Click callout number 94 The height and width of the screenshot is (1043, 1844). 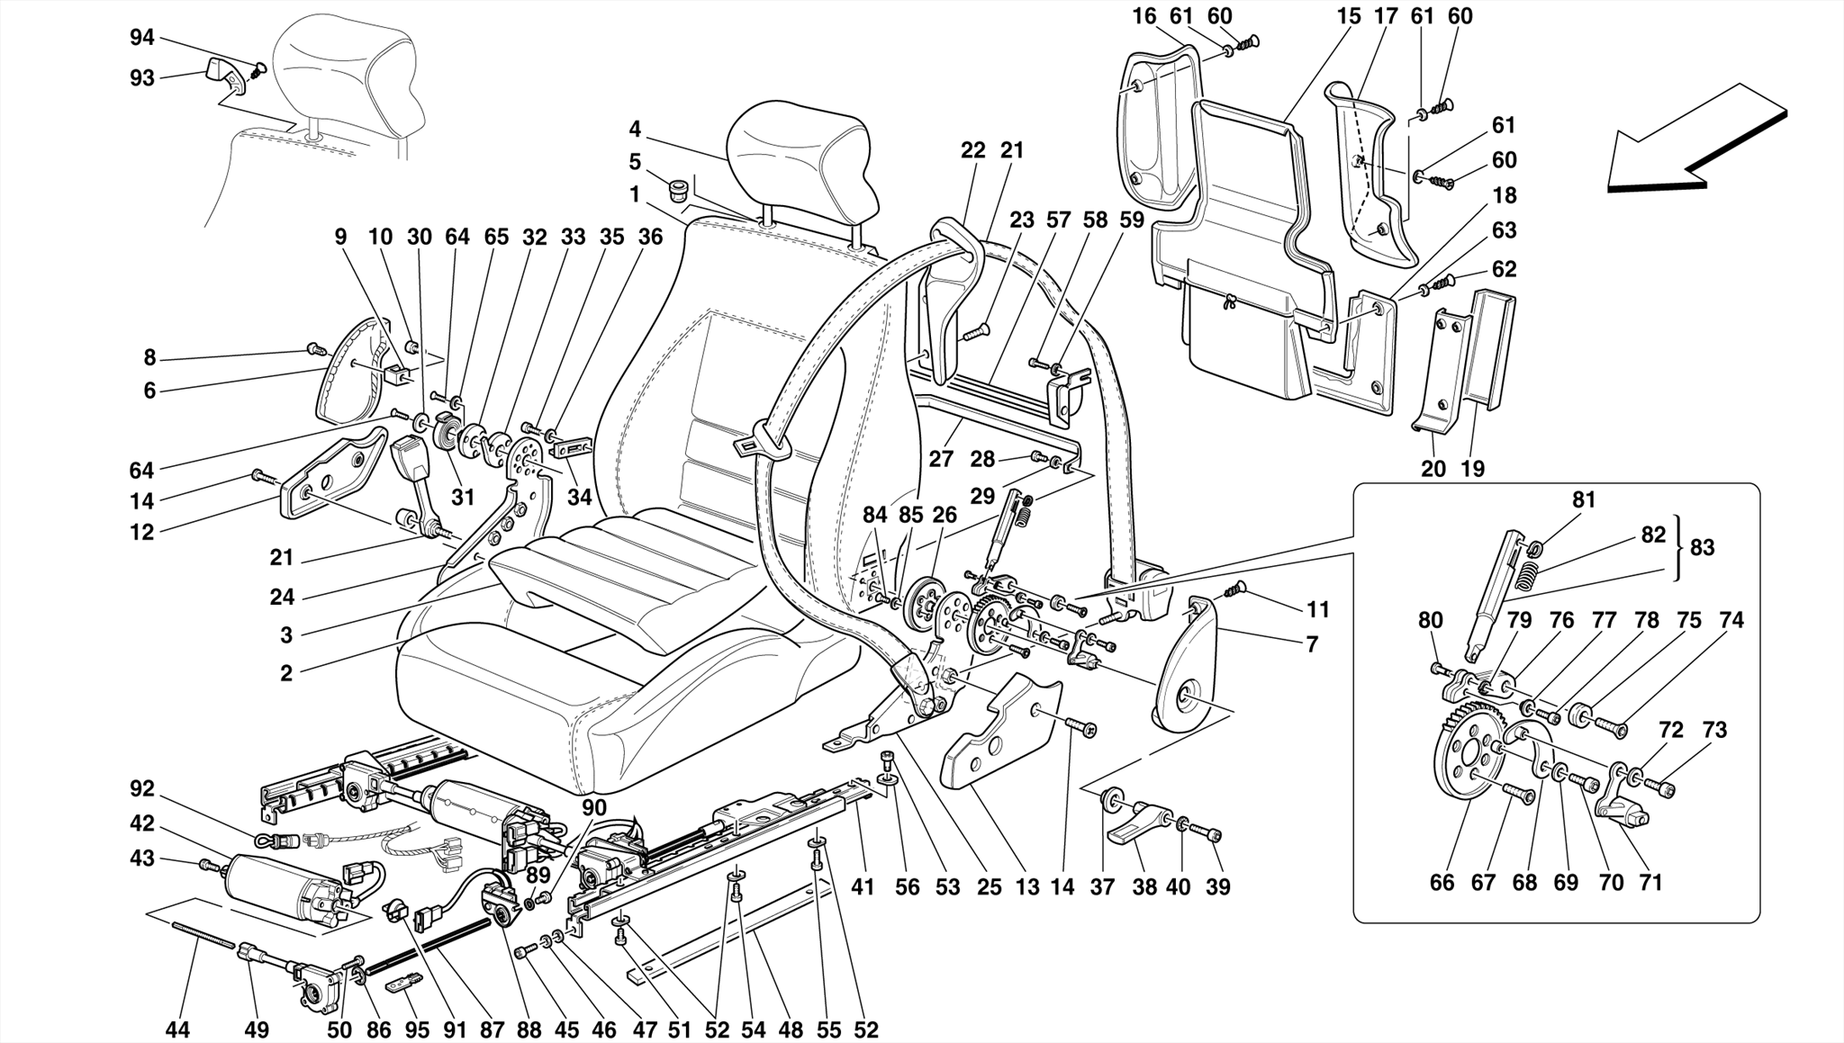tap(142, 38)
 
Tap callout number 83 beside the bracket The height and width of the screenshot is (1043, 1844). tap(1702, 547)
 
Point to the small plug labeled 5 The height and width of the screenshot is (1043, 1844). tap(678, 191)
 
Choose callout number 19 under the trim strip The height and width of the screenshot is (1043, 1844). tap(1473, 468)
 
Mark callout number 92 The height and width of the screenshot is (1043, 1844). tap(142, 789)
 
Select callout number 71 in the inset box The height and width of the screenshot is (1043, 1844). tap(1650, 883)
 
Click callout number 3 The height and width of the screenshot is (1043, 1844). tap(286, 635)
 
